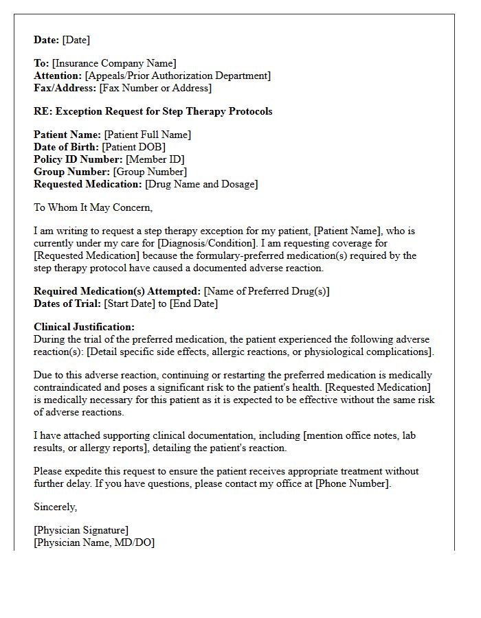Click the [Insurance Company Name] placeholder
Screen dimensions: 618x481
[114, 64]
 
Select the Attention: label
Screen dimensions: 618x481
[58, 76]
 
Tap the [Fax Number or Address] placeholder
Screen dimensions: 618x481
[155, 89]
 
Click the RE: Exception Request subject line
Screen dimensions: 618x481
[153, 111]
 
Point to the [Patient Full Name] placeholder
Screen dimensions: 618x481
[148, 135]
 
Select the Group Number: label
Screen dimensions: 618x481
[72, 172]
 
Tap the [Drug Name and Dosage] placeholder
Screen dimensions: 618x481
[201, 185]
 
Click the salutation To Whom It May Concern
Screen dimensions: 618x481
[93, 207]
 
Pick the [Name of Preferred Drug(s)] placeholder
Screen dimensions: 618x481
[267, 292]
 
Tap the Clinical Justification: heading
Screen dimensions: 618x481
[85, 328]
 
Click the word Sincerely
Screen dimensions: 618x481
[56, 507]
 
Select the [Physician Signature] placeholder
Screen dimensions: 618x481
[81, 531]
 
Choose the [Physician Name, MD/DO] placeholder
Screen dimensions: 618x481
[94, 543]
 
